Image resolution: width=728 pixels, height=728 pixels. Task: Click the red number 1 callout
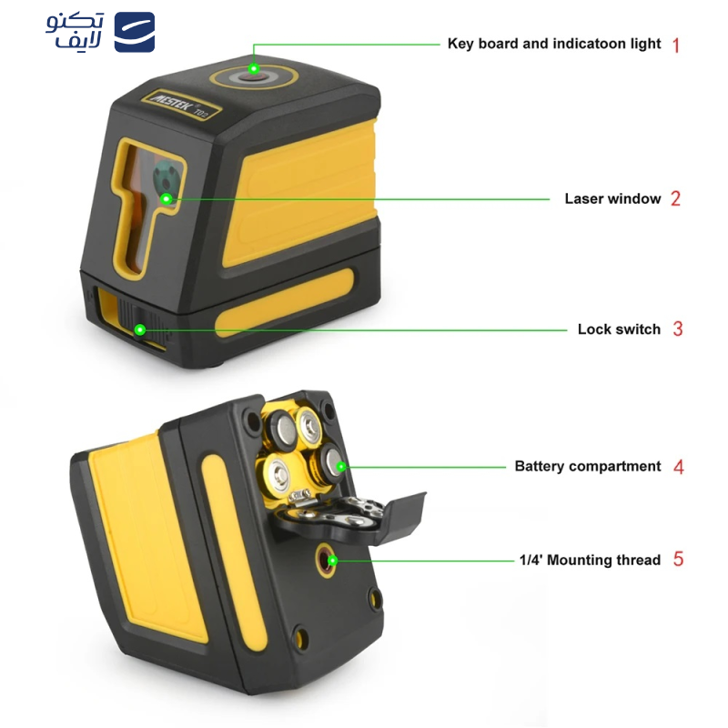(675, 45)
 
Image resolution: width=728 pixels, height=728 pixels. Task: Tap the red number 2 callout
(675, 198)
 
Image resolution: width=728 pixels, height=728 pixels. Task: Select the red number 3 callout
(677, 329)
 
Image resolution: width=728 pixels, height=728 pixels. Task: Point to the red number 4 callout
(678, 467)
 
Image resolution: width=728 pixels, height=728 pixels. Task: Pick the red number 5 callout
(678, 560)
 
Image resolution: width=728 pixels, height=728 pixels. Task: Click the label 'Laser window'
(612, 198)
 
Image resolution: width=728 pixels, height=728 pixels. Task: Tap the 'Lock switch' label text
(619, 329)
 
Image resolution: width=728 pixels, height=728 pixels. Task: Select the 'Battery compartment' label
(587, 467)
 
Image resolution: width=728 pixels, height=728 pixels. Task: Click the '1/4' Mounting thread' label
(590, 561)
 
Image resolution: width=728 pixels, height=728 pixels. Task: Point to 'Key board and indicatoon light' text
(553, 44)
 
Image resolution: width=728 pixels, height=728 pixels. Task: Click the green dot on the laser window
(167, 197)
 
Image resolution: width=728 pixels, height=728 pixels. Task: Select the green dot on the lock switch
(140, 329)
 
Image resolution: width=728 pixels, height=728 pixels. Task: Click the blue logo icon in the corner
(134, 33)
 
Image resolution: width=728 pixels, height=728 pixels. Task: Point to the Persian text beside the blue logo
(76, 33)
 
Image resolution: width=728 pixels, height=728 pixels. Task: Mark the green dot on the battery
(341, 467)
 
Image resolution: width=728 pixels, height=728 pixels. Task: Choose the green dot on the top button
(254, 69)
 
